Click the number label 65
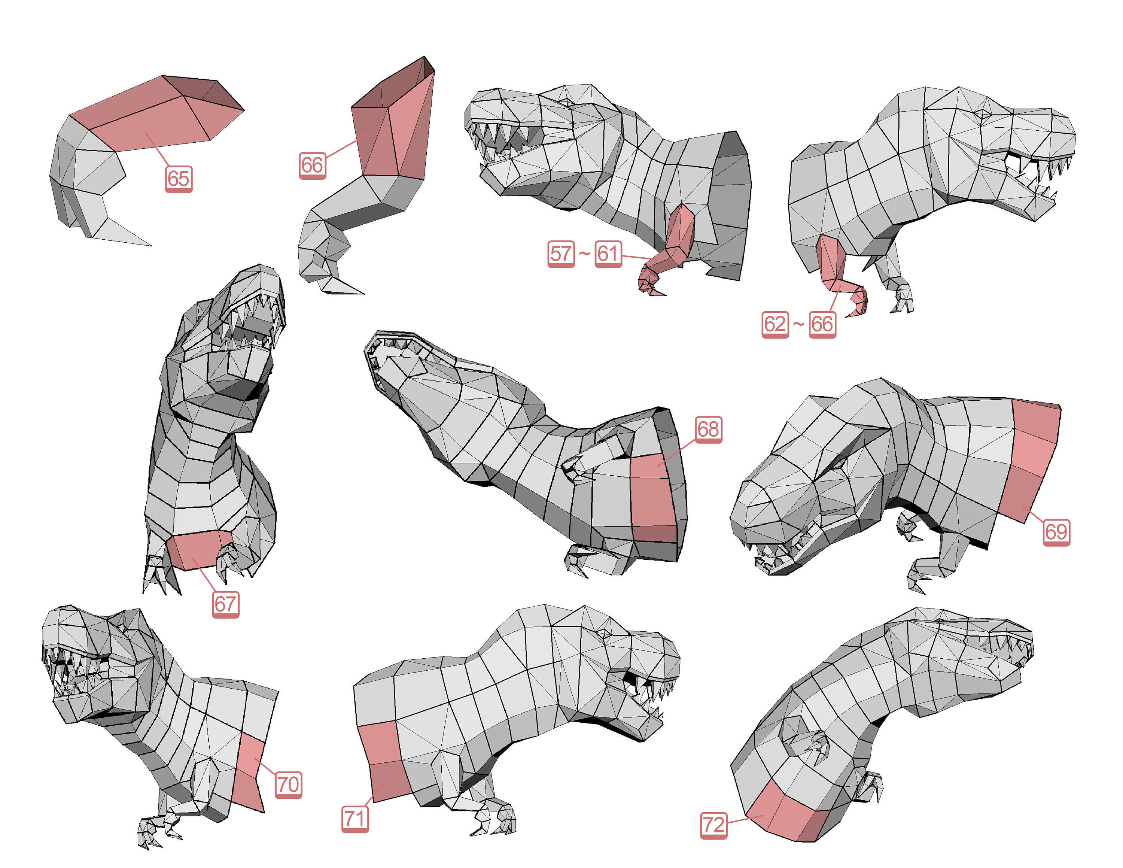[x=179, y=179]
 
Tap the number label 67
[x=225, y=604]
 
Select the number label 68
[x=708, y=429]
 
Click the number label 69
[x=1056, y=531]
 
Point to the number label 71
[x=355, y=818]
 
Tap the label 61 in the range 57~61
[x=608, y=254]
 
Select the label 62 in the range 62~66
[x=775, y=324]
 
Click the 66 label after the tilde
[x=822, y=324]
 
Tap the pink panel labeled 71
[x=383, y=761]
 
